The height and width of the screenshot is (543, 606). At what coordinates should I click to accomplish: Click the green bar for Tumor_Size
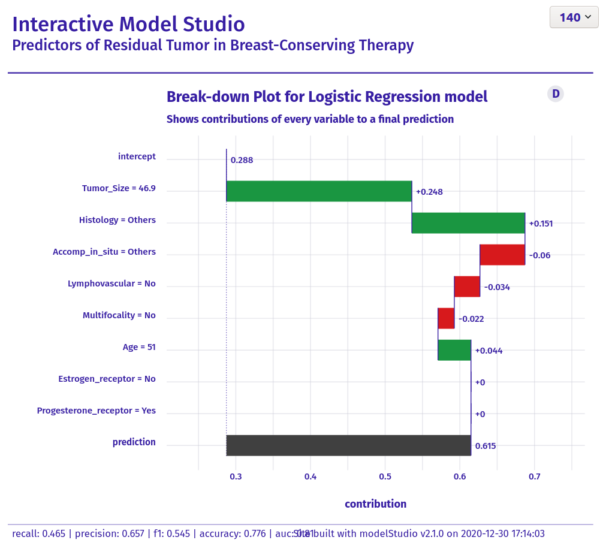[x=319, y=191]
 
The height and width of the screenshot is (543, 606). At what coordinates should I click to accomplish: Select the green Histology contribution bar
[x=468, y=223]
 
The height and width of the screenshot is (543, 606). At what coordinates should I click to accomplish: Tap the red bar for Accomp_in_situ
[x=502, y=255]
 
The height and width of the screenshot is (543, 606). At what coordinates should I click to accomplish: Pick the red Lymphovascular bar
[x=467, y=286]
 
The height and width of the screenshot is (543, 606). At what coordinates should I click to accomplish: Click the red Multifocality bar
[x=446, y=318]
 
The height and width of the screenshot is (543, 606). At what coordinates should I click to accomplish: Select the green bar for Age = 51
[x=454, y=350]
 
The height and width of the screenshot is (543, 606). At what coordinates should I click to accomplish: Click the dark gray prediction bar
[x=348, y=445]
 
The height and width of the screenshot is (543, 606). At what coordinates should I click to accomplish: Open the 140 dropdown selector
[x=574, y=17]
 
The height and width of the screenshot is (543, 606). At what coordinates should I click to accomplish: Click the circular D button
[x=556, y=93]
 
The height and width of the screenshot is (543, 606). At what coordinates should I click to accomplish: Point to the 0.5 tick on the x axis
[x=385, y=477]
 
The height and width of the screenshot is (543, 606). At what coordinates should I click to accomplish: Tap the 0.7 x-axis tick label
[x=534, y=477]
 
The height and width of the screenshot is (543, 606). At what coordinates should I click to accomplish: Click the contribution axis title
[x=375, y=504]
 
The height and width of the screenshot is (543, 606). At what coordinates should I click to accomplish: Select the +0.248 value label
[x=429, y=192]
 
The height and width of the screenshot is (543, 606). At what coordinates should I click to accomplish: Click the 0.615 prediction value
[x=486, y=446]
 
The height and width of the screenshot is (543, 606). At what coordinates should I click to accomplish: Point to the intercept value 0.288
[x=242, y=160]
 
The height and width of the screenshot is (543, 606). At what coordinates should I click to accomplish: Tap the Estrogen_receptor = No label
[x=107, y=379]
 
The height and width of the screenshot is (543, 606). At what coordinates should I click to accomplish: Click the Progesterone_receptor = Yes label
[x=96, y=411]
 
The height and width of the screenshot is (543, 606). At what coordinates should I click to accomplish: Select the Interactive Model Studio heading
[x=128, y=24]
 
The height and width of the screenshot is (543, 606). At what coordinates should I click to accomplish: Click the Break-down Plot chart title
[x=327, y=96]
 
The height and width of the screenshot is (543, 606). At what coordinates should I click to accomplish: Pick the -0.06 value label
[x=539, y=255]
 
